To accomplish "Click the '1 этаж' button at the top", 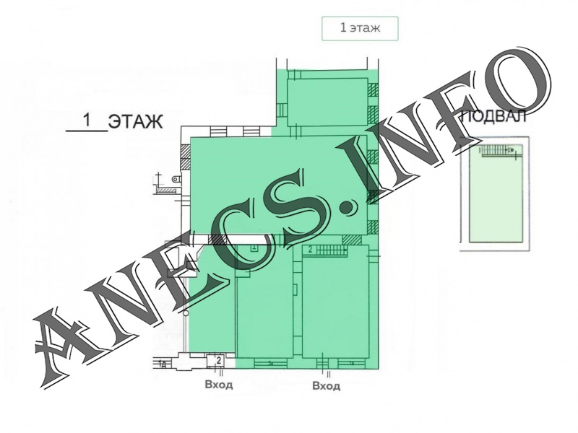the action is [360, 28].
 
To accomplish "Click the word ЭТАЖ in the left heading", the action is [136, 121].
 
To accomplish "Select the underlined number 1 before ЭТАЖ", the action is [87, 120].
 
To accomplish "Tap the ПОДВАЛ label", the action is [494, 117].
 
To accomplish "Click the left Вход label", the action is [219, 385].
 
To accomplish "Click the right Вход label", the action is [327, 386].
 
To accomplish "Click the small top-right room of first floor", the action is [327, 102].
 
